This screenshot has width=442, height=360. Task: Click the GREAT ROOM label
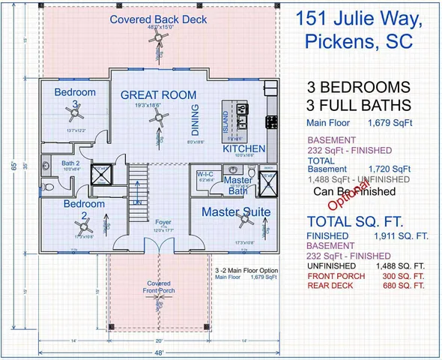[x=159, y=95]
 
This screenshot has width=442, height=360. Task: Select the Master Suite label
[x=236, y=212]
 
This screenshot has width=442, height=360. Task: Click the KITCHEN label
[x=243, y=149]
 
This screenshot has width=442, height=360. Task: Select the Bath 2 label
[x=70, y=163]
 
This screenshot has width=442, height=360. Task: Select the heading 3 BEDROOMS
[x=357, y=86]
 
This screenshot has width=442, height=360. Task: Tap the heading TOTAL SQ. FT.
[x=357, y=222]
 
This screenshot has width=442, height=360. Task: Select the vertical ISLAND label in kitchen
[x=226, y=120]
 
